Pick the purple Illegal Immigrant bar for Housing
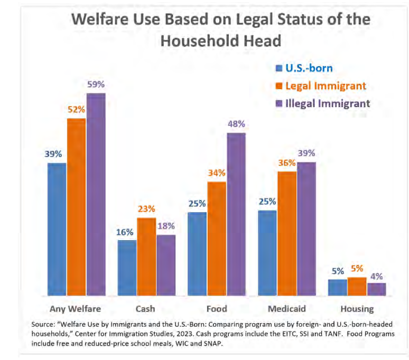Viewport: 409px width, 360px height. (376, 289)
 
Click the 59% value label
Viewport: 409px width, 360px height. (96, 84)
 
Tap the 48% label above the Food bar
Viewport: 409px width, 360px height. (236, 124)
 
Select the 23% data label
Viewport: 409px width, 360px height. (146, 209)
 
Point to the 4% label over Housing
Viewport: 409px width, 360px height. (376, 276)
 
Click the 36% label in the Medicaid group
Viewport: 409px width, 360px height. (287, 163)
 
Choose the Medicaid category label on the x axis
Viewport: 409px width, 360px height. (287, 309)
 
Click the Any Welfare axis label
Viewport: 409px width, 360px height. (75, 309)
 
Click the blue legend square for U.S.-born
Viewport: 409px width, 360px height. (278, 68)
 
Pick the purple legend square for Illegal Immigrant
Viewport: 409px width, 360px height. (278, 103)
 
